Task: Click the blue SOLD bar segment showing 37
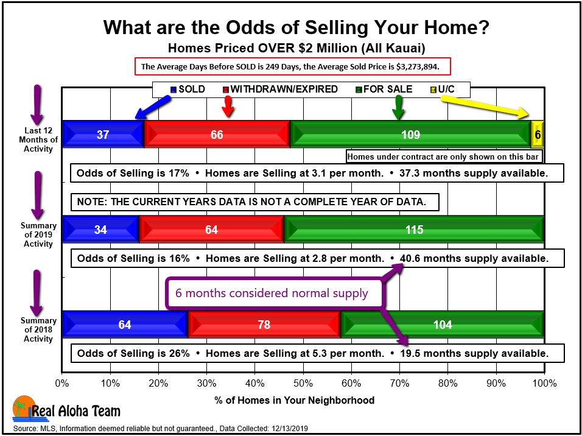[103, 134]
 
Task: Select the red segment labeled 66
[217, 134]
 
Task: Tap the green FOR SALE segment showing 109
[410, 134]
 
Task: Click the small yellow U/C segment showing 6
[538, 134]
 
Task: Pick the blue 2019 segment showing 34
[100, 229]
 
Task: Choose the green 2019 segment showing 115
[414, 229]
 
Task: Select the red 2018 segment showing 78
[264, 324]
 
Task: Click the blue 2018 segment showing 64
[125, 324]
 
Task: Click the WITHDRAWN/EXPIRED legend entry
[280, 90]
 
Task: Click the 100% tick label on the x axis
[544, 383]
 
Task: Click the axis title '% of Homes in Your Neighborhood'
[294, 400]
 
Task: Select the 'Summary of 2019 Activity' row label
[38, 234]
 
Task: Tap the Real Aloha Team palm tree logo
[24, 409]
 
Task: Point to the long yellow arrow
[485, 106]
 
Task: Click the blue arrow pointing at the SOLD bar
[153, 107]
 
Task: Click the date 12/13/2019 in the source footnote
[290, 429]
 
